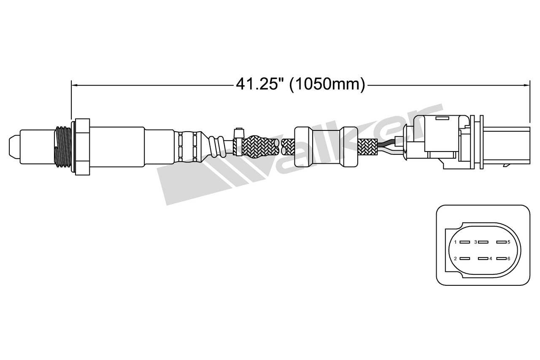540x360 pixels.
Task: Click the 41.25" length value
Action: [x=259, y=84]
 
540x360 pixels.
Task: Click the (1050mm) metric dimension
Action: [x=327, y=84]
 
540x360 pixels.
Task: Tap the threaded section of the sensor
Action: [x=62, y=146]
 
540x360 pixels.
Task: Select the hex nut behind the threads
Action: [x=82, y=146]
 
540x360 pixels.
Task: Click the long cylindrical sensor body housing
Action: [x=131, y=146]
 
